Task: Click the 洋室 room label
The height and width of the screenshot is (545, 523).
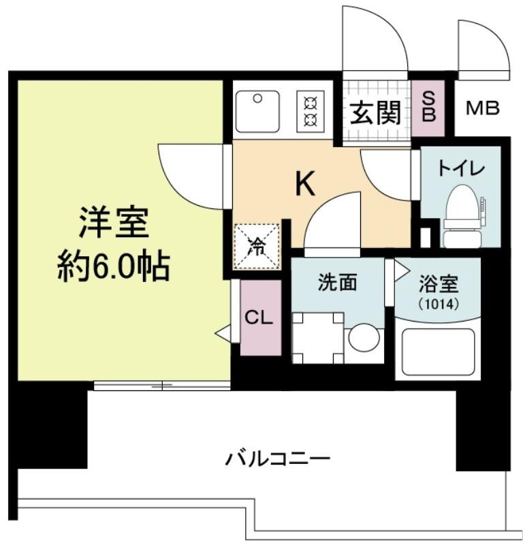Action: (114, 222)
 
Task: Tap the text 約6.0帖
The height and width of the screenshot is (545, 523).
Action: (114, 268)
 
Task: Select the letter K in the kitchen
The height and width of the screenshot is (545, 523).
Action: (305, 184)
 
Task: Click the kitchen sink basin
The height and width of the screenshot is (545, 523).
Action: (257, 112)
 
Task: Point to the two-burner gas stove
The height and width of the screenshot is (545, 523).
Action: (311, 112)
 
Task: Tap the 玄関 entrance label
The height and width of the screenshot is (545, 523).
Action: (375, 112)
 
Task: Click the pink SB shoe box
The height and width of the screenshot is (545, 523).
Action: (428, 108)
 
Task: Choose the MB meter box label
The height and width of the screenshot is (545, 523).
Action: (483, 108)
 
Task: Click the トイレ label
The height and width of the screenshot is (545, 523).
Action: (461, 168)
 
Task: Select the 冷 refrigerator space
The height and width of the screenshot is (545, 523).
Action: (257, 246)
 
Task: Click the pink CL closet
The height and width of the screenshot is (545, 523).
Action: (261, 317)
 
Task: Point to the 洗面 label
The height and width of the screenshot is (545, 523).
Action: (338, 282)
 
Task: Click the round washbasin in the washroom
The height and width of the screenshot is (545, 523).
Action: (364, 337)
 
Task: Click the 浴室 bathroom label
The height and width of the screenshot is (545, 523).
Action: (439, 284)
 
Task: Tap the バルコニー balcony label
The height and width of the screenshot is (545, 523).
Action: (277, 458)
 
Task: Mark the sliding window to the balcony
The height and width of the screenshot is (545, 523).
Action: (162, 386)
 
